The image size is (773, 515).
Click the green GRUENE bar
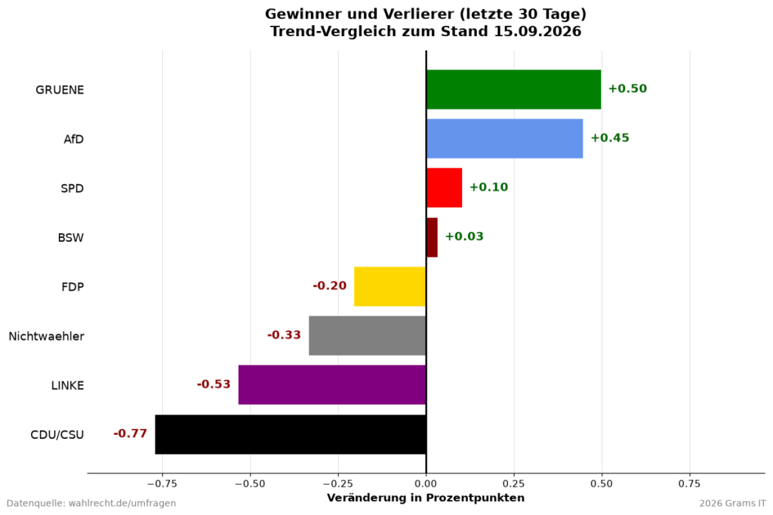pyautogui.click(x=513, y=89)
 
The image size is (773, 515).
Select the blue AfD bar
pyautogui.click(x=505, y=139)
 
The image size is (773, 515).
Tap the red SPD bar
pyautogui.click(x=444, y=188)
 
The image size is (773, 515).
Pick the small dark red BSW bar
pyautogui.click(x=432, y=237)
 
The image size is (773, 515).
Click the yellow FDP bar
pyautogui.click(x=390, y=287)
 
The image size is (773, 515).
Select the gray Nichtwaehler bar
pyautogui.click(x=368, y=335)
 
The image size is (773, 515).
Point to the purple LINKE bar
pyautogui.click(x=332, y=385)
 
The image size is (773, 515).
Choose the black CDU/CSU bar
pyautogui.click(x=291, y=434)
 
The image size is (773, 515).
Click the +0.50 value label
pyautogui.click(x=627, y=89)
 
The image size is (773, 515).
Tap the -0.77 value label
pyautogui.click(x=130, y=433)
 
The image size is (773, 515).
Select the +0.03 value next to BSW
pyautogui.click(x=464, y=236)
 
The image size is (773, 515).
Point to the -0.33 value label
pyautogui.click(x=284, y=335)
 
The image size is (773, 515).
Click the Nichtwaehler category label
pyautogui.click(x=46, y=337)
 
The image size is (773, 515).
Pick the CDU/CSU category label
pyautogui.click(x=57, y=435)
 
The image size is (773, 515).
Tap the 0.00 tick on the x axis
pyautogui.click(x=427, y=484)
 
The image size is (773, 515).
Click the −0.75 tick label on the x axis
pyautogui.click(x=162, y=484)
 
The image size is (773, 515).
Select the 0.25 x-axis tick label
pyautogui.click(x=514, y=484)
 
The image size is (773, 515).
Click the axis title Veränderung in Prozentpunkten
pyautogui.click(x=426, y=498)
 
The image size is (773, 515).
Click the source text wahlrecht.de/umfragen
pyautogui.click(x=122, y=504)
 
